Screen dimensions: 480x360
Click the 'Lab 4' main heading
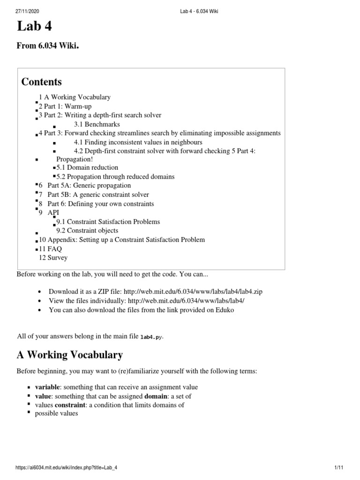tap(34, 27)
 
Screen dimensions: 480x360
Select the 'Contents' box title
tap(42, 82)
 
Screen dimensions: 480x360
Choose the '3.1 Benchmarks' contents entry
tap(97, 124)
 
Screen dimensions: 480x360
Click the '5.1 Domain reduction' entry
tap(87, 167)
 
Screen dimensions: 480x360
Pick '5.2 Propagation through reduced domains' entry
tap(115, 177)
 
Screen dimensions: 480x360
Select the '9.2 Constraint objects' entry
tap(87, 231)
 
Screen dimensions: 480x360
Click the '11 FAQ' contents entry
tap(51, 249)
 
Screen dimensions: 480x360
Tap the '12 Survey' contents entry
tap(53, 258)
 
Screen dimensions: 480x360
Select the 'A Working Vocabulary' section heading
tap(70, 355)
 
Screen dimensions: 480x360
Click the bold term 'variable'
tap(48, 387)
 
